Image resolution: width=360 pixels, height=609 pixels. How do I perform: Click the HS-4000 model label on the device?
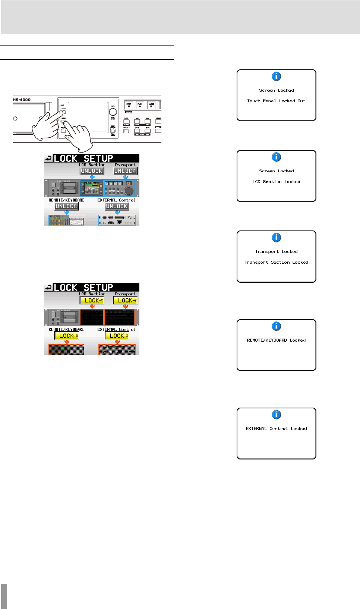coord(22,100)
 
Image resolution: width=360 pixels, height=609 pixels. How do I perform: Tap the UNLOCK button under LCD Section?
coord(92,171)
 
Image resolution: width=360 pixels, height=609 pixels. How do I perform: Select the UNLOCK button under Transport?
coord(125,171)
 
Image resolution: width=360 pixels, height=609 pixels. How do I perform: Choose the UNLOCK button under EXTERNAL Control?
coord(117,206)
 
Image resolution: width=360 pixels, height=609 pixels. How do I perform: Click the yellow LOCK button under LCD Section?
coord(92,301)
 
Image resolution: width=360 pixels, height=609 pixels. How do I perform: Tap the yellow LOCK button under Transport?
coord(125,301)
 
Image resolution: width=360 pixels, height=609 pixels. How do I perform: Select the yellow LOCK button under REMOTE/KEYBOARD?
coord(67,336)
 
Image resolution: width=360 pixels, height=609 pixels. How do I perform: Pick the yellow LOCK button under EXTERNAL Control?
coord(117,336)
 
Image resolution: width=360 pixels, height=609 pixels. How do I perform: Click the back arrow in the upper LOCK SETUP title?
coord(48,158)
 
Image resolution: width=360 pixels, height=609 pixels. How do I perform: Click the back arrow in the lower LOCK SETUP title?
coord(48,288)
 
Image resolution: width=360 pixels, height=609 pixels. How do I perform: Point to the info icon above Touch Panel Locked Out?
coord(276,76)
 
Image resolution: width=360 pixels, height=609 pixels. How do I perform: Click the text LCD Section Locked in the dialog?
coord(276,182)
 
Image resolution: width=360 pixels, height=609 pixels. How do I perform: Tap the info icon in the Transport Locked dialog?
coord(276,238)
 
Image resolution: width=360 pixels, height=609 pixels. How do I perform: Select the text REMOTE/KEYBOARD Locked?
coord(276,340)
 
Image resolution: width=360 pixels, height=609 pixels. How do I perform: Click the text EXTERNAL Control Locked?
coord(276,429)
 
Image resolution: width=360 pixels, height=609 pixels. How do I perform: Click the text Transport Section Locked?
coord(276,263)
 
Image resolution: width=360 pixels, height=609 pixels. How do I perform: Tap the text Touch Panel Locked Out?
coord(276,101)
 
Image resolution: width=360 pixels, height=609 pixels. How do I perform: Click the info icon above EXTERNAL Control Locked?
coord(276,415)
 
